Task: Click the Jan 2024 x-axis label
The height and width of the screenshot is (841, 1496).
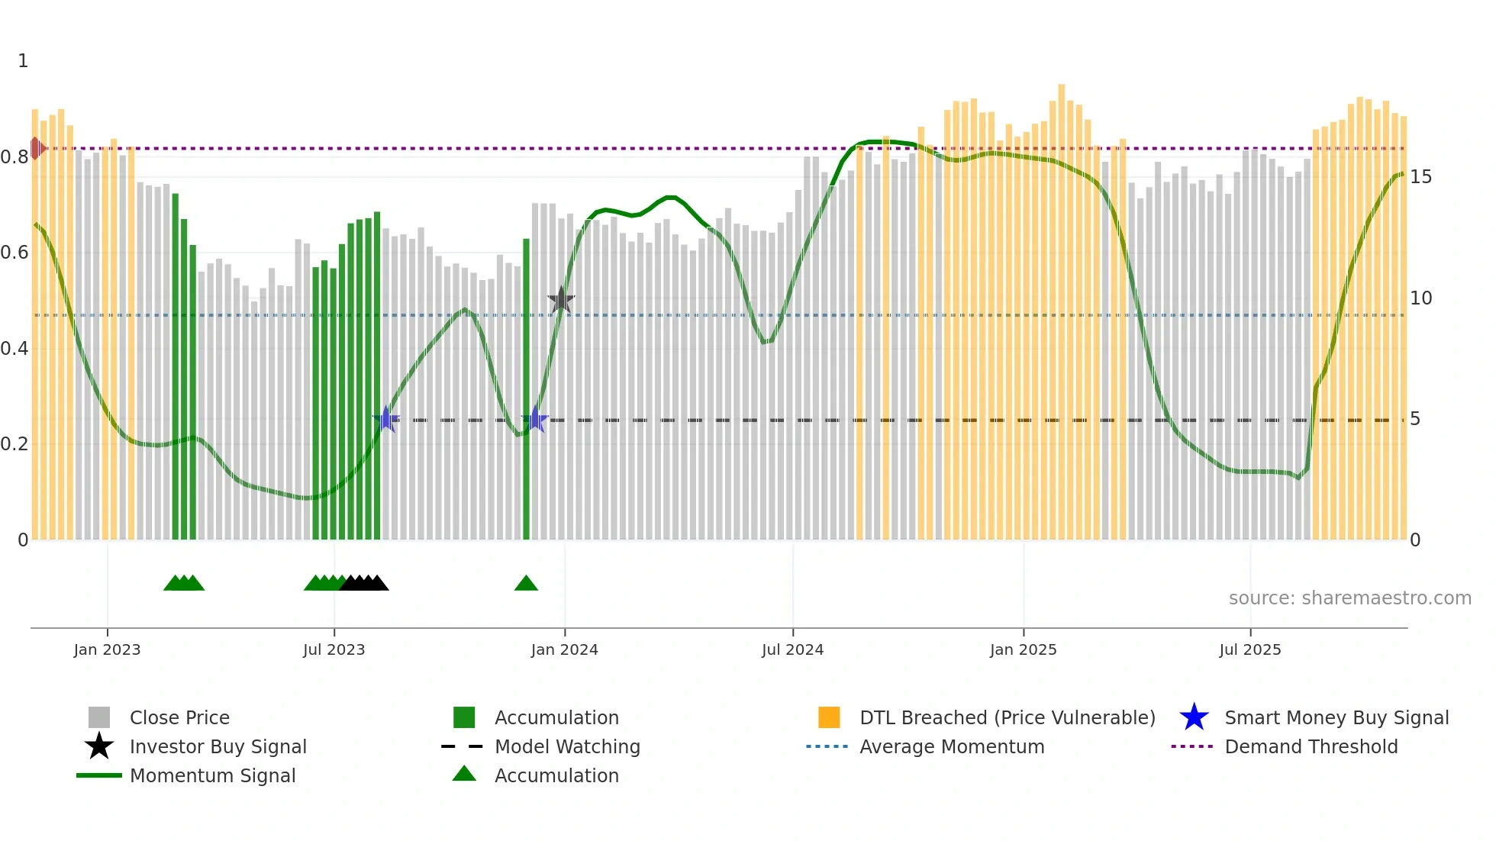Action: pyautogui.click(x=564, y=649)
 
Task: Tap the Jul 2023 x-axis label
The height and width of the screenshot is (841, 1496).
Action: pyautogui.click(x=334, y=649)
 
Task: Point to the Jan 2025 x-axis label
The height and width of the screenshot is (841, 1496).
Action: pyautogui.click(x=1023, y=649)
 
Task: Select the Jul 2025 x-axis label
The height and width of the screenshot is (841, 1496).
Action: pyautogui.click(x=1249, y=649)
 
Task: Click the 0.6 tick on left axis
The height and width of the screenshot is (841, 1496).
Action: pyautogui.click(x=15, y=253)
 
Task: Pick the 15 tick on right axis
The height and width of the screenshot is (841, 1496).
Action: pyautogui.click(x=1420, y=177)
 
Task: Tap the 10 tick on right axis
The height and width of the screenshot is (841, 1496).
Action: pyautogui.click(x=1420, y=298)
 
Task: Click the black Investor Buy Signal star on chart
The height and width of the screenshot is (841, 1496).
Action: pyautogui.click(x=561, y=300)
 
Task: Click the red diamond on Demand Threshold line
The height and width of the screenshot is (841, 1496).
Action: pyautogui.click(x=36, y=148)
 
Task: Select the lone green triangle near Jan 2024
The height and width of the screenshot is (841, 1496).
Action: pyautogui.click(x=526, y=583)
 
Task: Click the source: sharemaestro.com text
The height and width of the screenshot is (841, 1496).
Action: pyautogui.click(x=1349, y=598)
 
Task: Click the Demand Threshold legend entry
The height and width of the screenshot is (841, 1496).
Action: pyautogui.click(x=1311, y=746)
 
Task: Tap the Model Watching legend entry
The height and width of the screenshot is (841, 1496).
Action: pyautogui.click(x=566, y=746)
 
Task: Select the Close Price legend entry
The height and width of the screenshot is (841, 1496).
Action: pyautogui.click(x=179, y=717)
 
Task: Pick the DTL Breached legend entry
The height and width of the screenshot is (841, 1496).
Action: pyautogui.click(x=1007, y=717)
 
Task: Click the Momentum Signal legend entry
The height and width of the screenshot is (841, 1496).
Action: pyautogui.click(x=212, y=775)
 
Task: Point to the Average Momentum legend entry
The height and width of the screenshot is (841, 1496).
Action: pyautogui.click(x=951, y=746)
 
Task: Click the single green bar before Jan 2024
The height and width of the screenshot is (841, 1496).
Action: pyautogui.click(x=526, y=389)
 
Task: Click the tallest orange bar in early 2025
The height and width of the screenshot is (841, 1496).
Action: pyautogui.click(x=1061, y=313)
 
